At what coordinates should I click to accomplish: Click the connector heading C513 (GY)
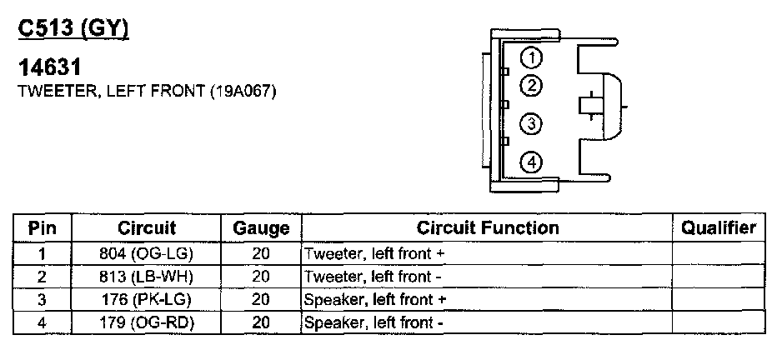click(x=73, y=29)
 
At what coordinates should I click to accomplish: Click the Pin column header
click(x=42, y=227)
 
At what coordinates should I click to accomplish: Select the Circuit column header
click(x=147, y=227)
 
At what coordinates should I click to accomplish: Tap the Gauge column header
click(x=261, y=228)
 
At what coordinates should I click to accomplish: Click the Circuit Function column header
click(x=488, y=227)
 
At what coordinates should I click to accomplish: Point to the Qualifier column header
click(x=719, y=227)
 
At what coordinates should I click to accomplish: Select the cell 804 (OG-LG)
click(x=147, y=252)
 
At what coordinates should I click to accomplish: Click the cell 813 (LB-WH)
click(x=147, y=276)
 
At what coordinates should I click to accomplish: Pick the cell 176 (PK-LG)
click(x=147, y=299)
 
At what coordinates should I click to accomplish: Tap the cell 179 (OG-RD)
click(x=147, y=322)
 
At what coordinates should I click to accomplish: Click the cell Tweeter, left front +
click(x=371, y=252)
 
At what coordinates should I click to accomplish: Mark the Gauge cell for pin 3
click(x=261, y=299)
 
